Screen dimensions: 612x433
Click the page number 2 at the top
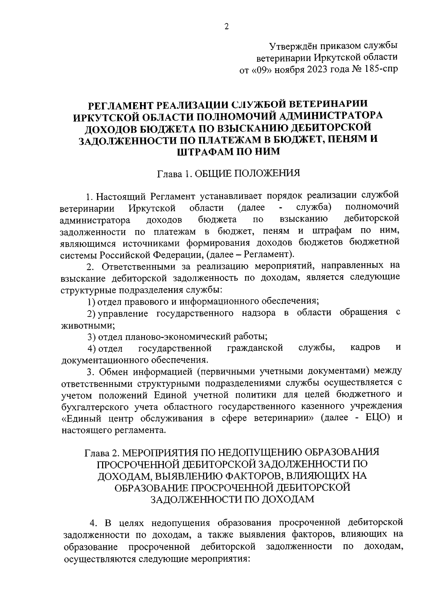(227, 27)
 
